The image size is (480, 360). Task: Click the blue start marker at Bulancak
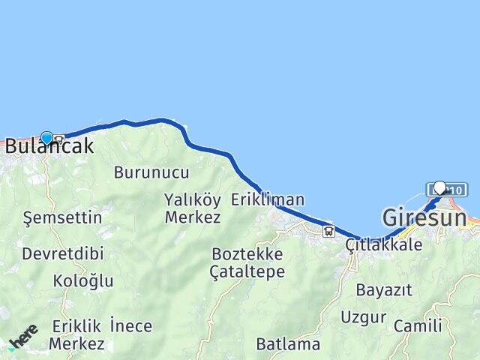click(46, 138)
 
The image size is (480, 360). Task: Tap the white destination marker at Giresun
click(439, 187)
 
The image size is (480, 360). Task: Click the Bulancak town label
click(49, 147)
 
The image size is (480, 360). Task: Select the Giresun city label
click(424, 218)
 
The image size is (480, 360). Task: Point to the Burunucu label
click(151, 172)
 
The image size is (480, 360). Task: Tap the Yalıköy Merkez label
click(193, 208)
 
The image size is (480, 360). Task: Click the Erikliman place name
click(268, 199)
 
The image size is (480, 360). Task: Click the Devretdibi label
click(63, 253)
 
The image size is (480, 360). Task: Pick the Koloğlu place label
click(83, 281)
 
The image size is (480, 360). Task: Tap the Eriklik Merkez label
click(77, 335)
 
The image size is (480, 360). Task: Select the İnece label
click(130, 326)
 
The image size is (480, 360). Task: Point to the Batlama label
click(288, 345)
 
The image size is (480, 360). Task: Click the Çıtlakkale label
click(384, 244)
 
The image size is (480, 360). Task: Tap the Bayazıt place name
click(384, 289)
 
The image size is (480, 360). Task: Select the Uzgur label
click(364, 316)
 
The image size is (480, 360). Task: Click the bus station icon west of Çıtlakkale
click(328, 231)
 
